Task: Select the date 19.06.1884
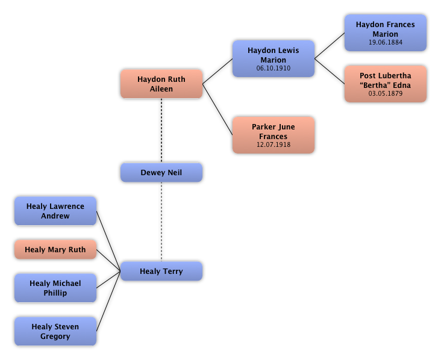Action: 386,43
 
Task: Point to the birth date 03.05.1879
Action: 386,94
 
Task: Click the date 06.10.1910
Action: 274,69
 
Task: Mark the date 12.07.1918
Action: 274,145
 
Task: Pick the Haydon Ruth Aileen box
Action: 161,84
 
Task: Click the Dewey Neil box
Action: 161,172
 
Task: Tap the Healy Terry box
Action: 161,271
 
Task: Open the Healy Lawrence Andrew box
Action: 55,211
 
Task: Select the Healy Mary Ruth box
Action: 55,249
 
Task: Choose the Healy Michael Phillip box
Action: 55,288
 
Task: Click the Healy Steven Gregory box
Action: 55,331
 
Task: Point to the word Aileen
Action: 161,89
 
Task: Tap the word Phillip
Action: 55,293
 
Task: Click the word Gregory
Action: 55,337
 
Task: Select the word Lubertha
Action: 395,76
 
